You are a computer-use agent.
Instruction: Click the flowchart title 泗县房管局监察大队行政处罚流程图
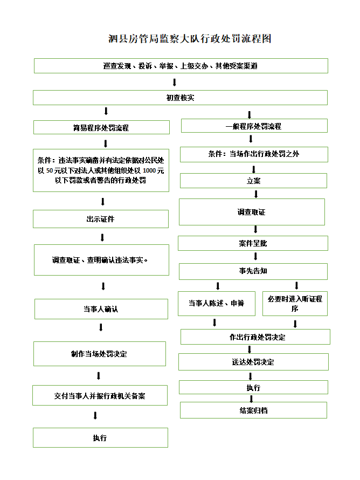coord(190,39)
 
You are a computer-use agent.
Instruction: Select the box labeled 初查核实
coord(180,98)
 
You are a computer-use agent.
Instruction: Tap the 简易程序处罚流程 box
coord(101,127)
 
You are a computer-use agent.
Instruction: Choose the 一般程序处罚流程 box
coord(254,126)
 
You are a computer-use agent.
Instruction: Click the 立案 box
coord(253,181)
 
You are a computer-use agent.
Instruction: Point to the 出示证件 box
coord(101,219)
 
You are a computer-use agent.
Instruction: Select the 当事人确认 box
coord(101,309)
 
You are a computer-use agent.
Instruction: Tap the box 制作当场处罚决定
coord(99,354)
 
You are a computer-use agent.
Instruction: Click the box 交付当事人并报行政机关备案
coord(100,395)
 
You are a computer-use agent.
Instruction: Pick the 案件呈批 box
coord(253,243)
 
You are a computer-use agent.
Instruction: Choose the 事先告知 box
coord(253,271)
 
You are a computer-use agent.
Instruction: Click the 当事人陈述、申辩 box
coord(217,303)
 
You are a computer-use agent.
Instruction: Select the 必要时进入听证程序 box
coord(295,303)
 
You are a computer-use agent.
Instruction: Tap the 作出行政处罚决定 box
coord(255,337)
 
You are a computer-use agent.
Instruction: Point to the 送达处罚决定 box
coord(253,362)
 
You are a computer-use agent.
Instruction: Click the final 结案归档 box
coord(253,410)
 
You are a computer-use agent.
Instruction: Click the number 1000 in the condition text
coord(149,170)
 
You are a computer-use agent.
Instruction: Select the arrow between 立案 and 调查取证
coord(256,194)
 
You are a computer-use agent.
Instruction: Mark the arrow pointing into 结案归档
coord(252,399)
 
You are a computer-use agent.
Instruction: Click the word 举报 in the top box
coord(166,66)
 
